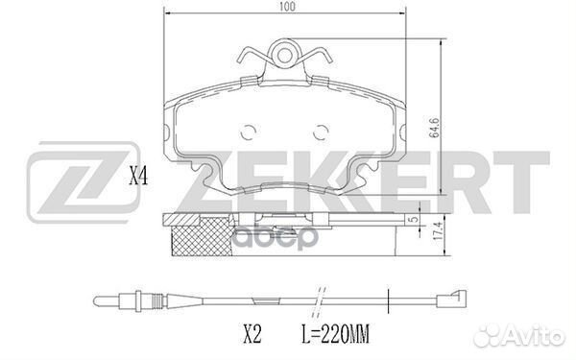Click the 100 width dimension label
click(287, 7)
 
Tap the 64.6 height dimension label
click(435, 128)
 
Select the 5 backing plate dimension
click(415, 219)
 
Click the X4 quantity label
click(138, 177)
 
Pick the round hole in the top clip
click(284, 56)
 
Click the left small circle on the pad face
click(249, 132)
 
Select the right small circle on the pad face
click(321, 132)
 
